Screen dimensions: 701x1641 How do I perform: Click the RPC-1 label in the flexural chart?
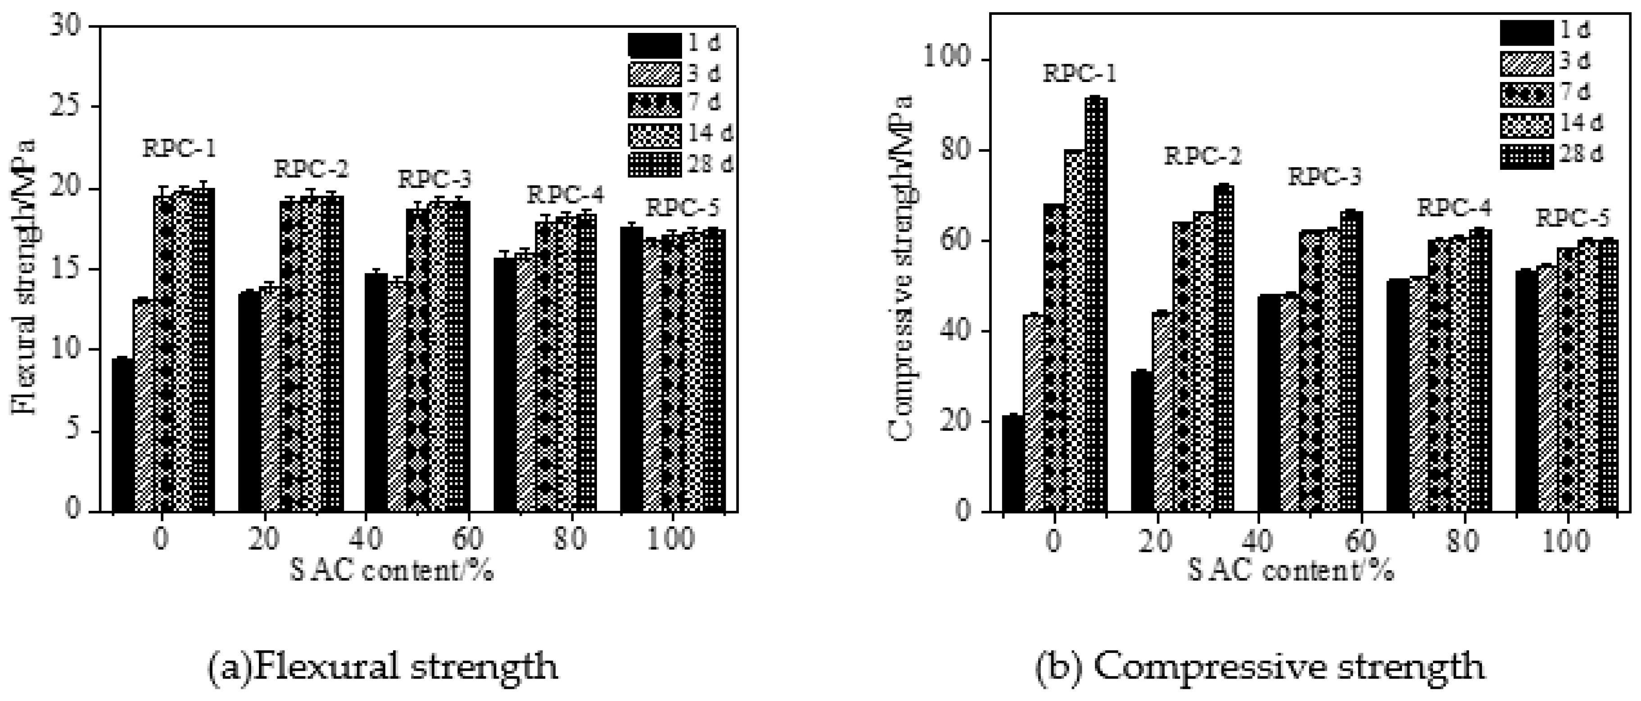(179, 149)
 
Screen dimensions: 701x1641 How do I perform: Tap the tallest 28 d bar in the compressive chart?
(1097, 306)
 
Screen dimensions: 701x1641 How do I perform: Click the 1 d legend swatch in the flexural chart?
(654, 45)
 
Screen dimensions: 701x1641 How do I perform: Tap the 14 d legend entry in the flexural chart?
(682, 134)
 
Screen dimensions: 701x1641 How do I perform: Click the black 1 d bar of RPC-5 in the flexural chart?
(631, 369)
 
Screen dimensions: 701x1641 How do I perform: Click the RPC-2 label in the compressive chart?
(1202, 157)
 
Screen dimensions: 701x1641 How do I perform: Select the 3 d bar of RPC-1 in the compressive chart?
(1033, 412)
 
